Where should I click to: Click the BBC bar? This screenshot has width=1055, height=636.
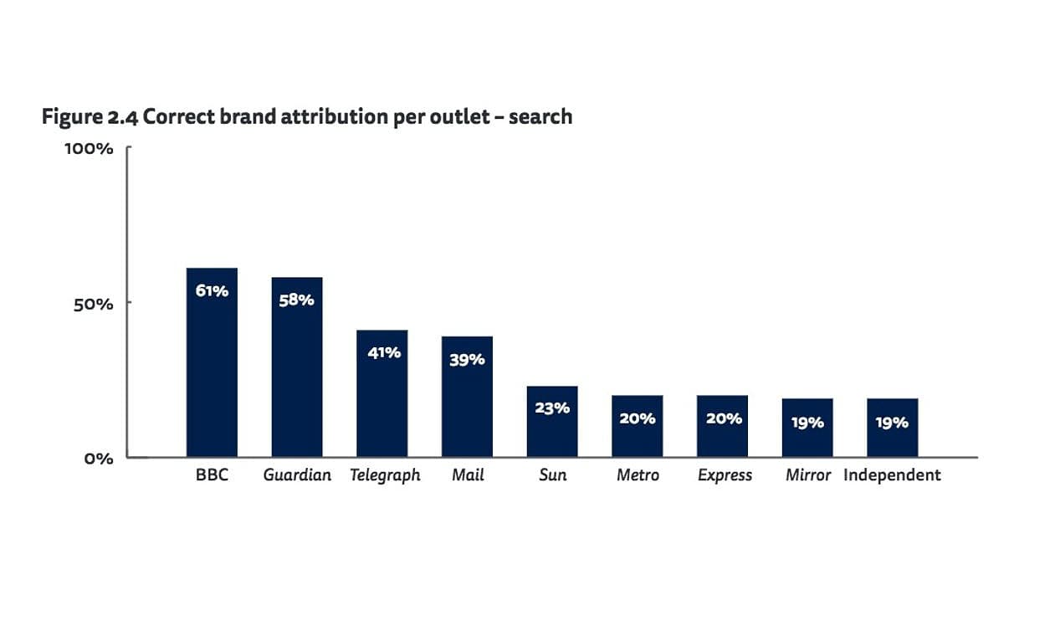coord(212,362)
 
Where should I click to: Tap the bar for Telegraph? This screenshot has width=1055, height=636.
coord(382,393)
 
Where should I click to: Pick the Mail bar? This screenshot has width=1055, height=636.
coord(467,397)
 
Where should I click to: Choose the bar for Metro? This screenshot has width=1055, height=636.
coord(637,426)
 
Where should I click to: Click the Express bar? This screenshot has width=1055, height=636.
coord(722,426)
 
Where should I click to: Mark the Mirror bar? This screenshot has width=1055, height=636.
coord(807,428)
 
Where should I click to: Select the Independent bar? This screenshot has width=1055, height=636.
coord(892,428)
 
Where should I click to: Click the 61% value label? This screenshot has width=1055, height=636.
coord(212,291)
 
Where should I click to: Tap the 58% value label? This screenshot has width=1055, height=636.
coord(296,300)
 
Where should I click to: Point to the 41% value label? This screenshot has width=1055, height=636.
coord(384,352)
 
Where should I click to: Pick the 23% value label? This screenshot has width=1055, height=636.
coord(552,408)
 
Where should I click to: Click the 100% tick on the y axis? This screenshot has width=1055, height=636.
coord(89,149)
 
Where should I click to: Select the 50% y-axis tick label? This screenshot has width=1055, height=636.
coord(93,304)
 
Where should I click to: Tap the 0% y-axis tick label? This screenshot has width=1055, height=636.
coord(98,459)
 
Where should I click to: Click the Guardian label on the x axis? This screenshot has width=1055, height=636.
coord(297,475)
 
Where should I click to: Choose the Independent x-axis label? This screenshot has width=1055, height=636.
coord(892,475)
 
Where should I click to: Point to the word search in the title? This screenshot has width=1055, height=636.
coord(540,116)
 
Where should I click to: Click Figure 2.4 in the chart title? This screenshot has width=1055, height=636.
coord(90,116)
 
